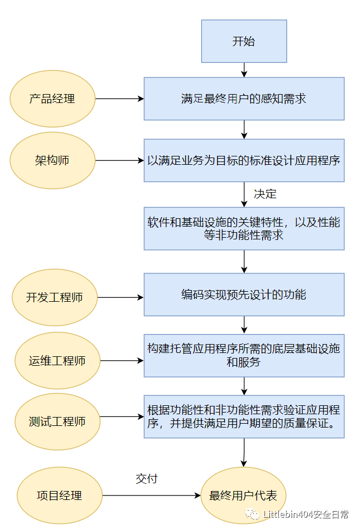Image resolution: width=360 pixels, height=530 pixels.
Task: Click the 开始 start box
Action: [x=244, y=41]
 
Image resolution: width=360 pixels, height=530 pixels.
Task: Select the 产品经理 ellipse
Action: [x=52, y=99]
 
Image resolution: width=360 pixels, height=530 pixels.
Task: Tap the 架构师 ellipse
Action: [x=52, y=160]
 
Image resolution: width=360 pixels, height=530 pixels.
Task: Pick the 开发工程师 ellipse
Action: [x=55, y=297]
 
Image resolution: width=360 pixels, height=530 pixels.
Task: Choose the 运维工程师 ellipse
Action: [x=57, y=360]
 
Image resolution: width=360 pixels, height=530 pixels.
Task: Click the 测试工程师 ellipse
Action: [x=57, y=421]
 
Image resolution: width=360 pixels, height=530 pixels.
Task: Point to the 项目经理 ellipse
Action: [x=60, y=495]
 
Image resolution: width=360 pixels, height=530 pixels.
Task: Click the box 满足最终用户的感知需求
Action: [x=244, y=99]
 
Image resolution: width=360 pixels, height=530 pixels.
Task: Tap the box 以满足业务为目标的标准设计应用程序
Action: [x=244, y=160]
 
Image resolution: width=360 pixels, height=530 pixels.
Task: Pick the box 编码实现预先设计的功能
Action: [x=244, y=295]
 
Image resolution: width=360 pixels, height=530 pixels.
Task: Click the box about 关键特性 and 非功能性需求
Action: [x=244, y=229]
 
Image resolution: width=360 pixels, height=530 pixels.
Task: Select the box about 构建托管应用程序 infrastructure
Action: [x=244, y=355]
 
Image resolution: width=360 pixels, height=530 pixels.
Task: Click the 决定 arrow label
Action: [x=265, y=194]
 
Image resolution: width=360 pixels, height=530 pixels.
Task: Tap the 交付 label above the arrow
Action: [x=147, y=479]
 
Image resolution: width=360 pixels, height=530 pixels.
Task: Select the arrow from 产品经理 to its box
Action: [x=119, y=99]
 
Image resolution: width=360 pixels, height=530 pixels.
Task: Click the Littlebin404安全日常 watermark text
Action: [x=305, y=514]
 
